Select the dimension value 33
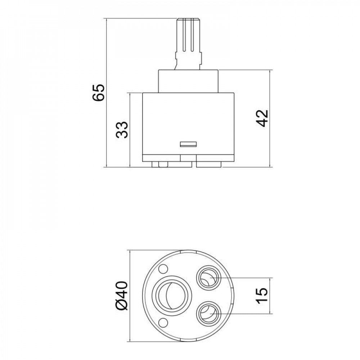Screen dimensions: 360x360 click(x=122, y=130)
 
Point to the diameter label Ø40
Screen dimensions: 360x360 click(x=122, y=295)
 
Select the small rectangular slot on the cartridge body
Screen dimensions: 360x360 click(x=188, y=144)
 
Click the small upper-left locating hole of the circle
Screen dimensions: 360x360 click(x=163, y=268)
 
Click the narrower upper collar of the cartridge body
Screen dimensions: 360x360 click(x=188, y=81)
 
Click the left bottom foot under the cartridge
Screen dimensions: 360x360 click(x=160, y=165)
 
